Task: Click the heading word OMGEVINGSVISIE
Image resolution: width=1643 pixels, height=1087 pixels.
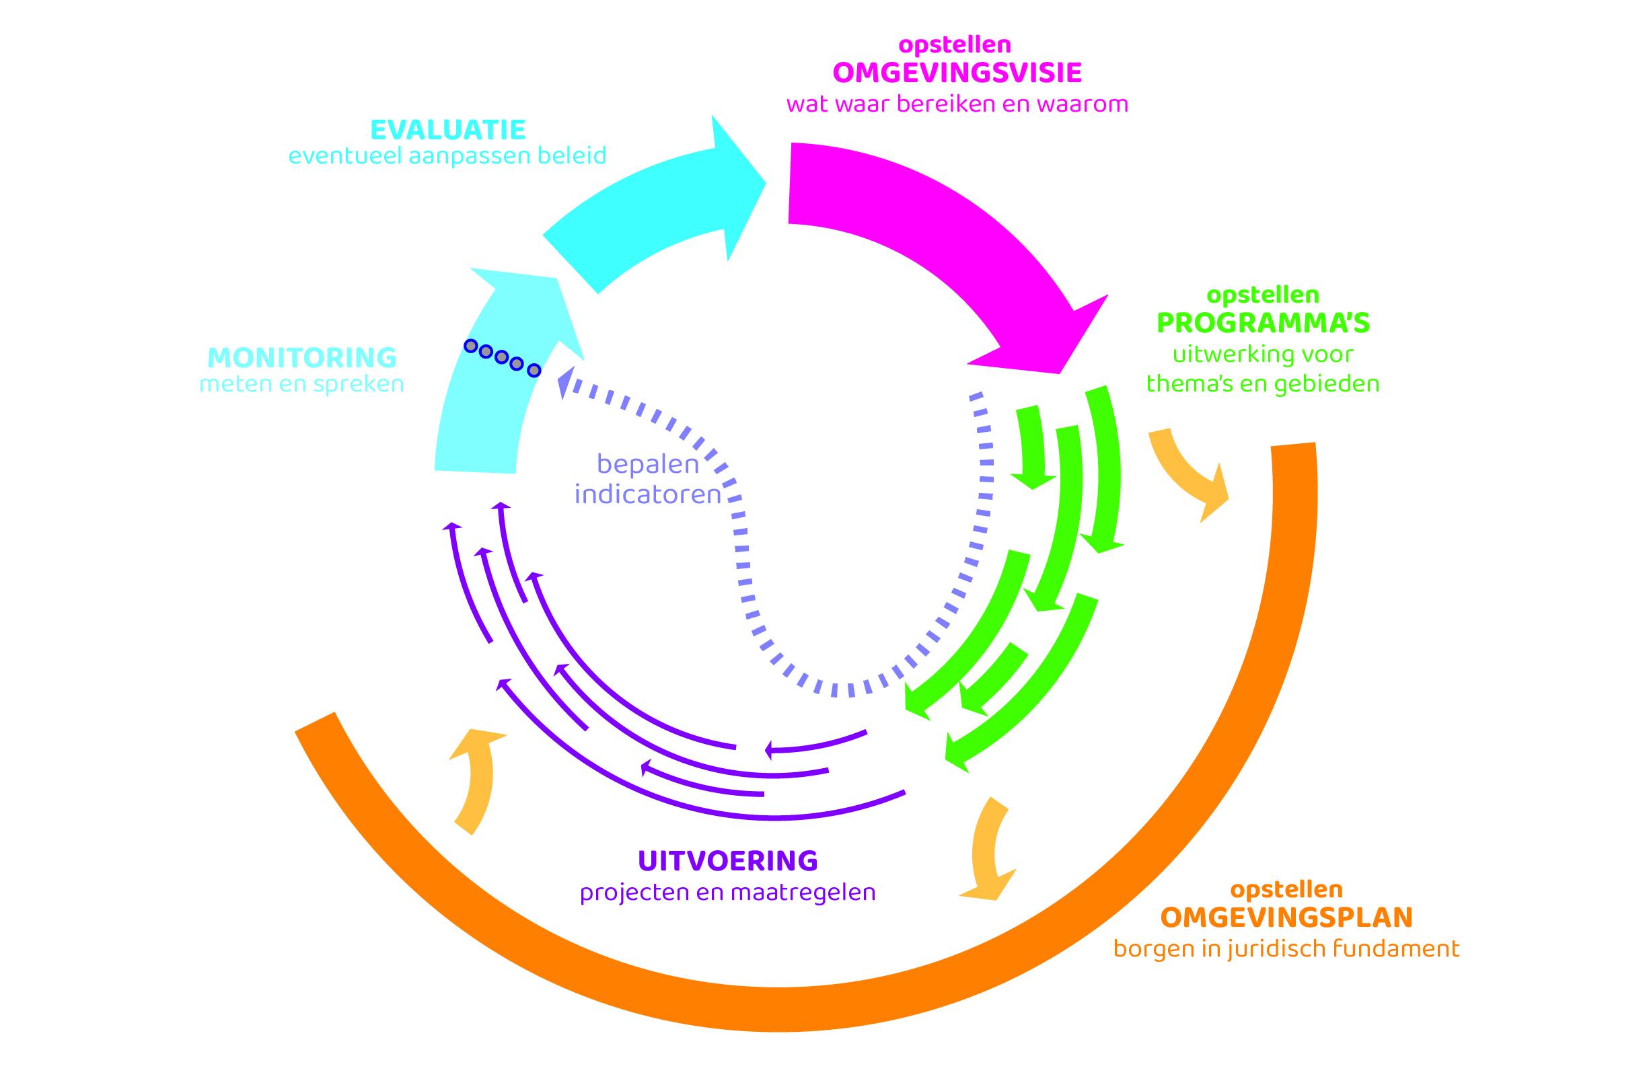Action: point(957,73)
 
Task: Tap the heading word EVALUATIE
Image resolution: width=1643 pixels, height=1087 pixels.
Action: point(448,130)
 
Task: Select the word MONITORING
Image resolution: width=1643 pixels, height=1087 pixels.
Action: point(302,358)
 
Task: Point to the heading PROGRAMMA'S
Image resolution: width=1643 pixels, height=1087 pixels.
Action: point(1263,323)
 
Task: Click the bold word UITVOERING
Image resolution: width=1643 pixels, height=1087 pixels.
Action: point(728,861)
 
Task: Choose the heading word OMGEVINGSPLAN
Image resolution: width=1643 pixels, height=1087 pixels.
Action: point(1286,918)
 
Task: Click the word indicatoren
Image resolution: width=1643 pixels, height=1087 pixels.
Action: point(648,494)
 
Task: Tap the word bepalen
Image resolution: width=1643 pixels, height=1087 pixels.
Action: point(648,463)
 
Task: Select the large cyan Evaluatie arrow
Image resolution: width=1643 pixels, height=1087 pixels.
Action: point(659,208)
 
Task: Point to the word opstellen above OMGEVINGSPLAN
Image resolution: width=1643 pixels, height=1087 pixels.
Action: point(1286,889)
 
